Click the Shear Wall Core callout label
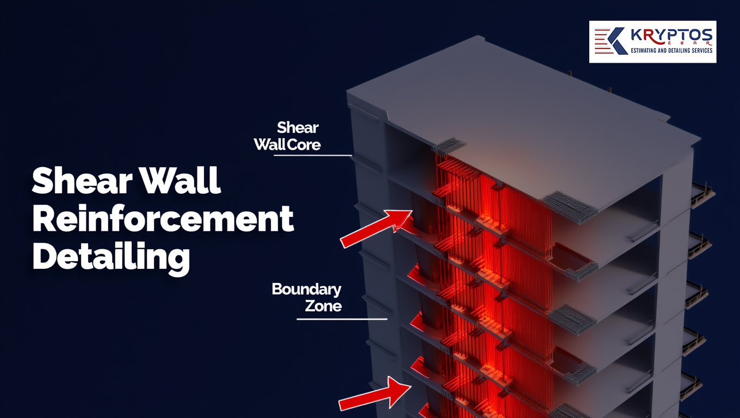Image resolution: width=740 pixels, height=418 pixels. tap(297, 136)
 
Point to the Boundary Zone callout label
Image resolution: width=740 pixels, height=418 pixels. tap(306, 297)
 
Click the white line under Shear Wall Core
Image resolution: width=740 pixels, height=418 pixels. tap(312, 155)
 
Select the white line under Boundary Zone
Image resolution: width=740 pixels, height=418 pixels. tap(342, 319)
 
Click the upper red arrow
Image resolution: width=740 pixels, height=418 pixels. tap(375, 229)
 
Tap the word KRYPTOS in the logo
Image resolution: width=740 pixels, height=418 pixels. tap(670, 36)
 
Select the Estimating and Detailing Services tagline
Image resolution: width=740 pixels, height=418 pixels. tap(670, 51)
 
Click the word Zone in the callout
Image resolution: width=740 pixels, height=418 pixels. tap(323, 306)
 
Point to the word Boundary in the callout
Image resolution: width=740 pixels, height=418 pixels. tap(306, 289)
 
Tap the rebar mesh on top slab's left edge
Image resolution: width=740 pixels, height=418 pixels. tap(449, 145)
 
